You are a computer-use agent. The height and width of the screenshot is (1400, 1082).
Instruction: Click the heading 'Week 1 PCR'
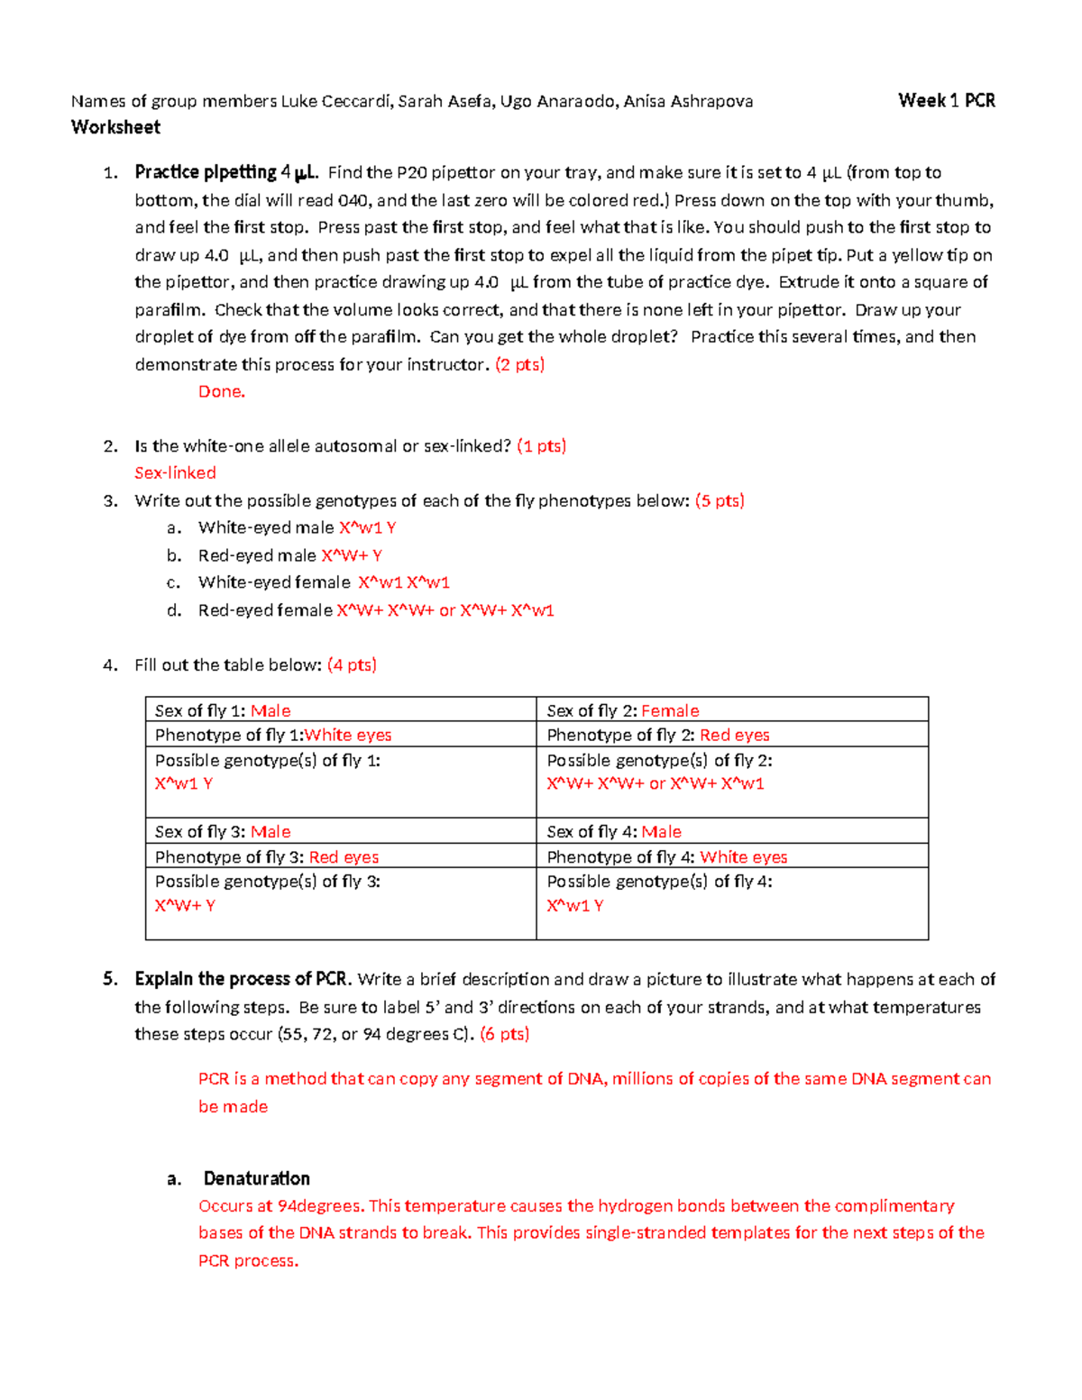tap(946, 101)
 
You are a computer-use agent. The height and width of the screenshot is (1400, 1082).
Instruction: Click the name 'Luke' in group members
tap(298, 101)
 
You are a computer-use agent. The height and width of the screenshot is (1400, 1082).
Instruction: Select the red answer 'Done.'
tap(222, 391)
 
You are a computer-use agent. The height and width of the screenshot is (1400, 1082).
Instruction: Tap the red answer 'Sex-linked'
tap(175, 472)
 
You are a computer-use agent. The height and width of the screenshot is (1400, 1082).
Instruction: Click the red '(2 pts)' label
tap(520, 364)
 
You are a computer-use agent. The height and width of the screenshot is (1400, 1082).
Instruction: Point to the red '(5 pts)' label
tap(720, 500)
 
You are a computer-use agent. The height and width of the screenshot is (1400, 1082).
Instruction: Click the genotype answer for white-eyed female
tap(404, 582)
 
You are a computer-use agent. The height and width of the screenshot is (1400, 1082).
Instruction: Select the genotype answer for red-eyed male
tap(352, 555)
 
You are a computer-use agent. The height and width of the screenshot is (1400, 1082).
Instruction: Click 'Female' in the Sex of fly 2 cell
tap(670, 710)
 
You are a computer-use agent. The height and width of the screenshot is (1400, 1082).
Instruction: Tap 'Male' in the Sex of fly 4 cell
tap(661, 831)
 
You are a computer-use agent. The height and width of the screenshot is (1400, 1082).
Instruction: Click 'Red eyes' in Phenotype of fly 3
tap(344, 856)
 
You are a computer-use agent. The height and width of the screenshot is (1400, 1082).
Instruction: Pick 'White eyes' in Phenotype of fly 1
tap(348, 735)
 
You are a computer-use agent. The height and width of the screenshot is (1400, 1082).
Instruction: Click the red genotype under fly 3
tap(185, 905)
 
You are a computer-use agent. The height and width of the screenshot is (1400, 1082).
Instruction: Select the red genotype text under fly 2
tap(655, 783)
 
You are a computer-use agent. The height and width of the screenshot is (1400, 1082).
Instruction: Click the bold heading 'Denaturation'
tap(256, 1178)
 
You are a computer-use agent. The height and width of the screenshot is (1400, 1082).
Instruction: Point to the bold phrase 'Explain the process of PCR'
tap(241, 979)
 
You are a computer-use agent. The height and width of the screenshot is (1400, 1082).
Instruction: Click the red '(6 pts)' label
tap(504, 1034)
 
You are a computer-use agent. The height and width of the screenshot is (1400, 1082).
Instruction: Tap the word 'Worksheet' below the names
tap(115, 127)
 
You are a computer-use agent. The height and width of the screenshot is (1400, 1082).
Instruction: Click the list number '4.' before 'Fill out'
tap(110, 665)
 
